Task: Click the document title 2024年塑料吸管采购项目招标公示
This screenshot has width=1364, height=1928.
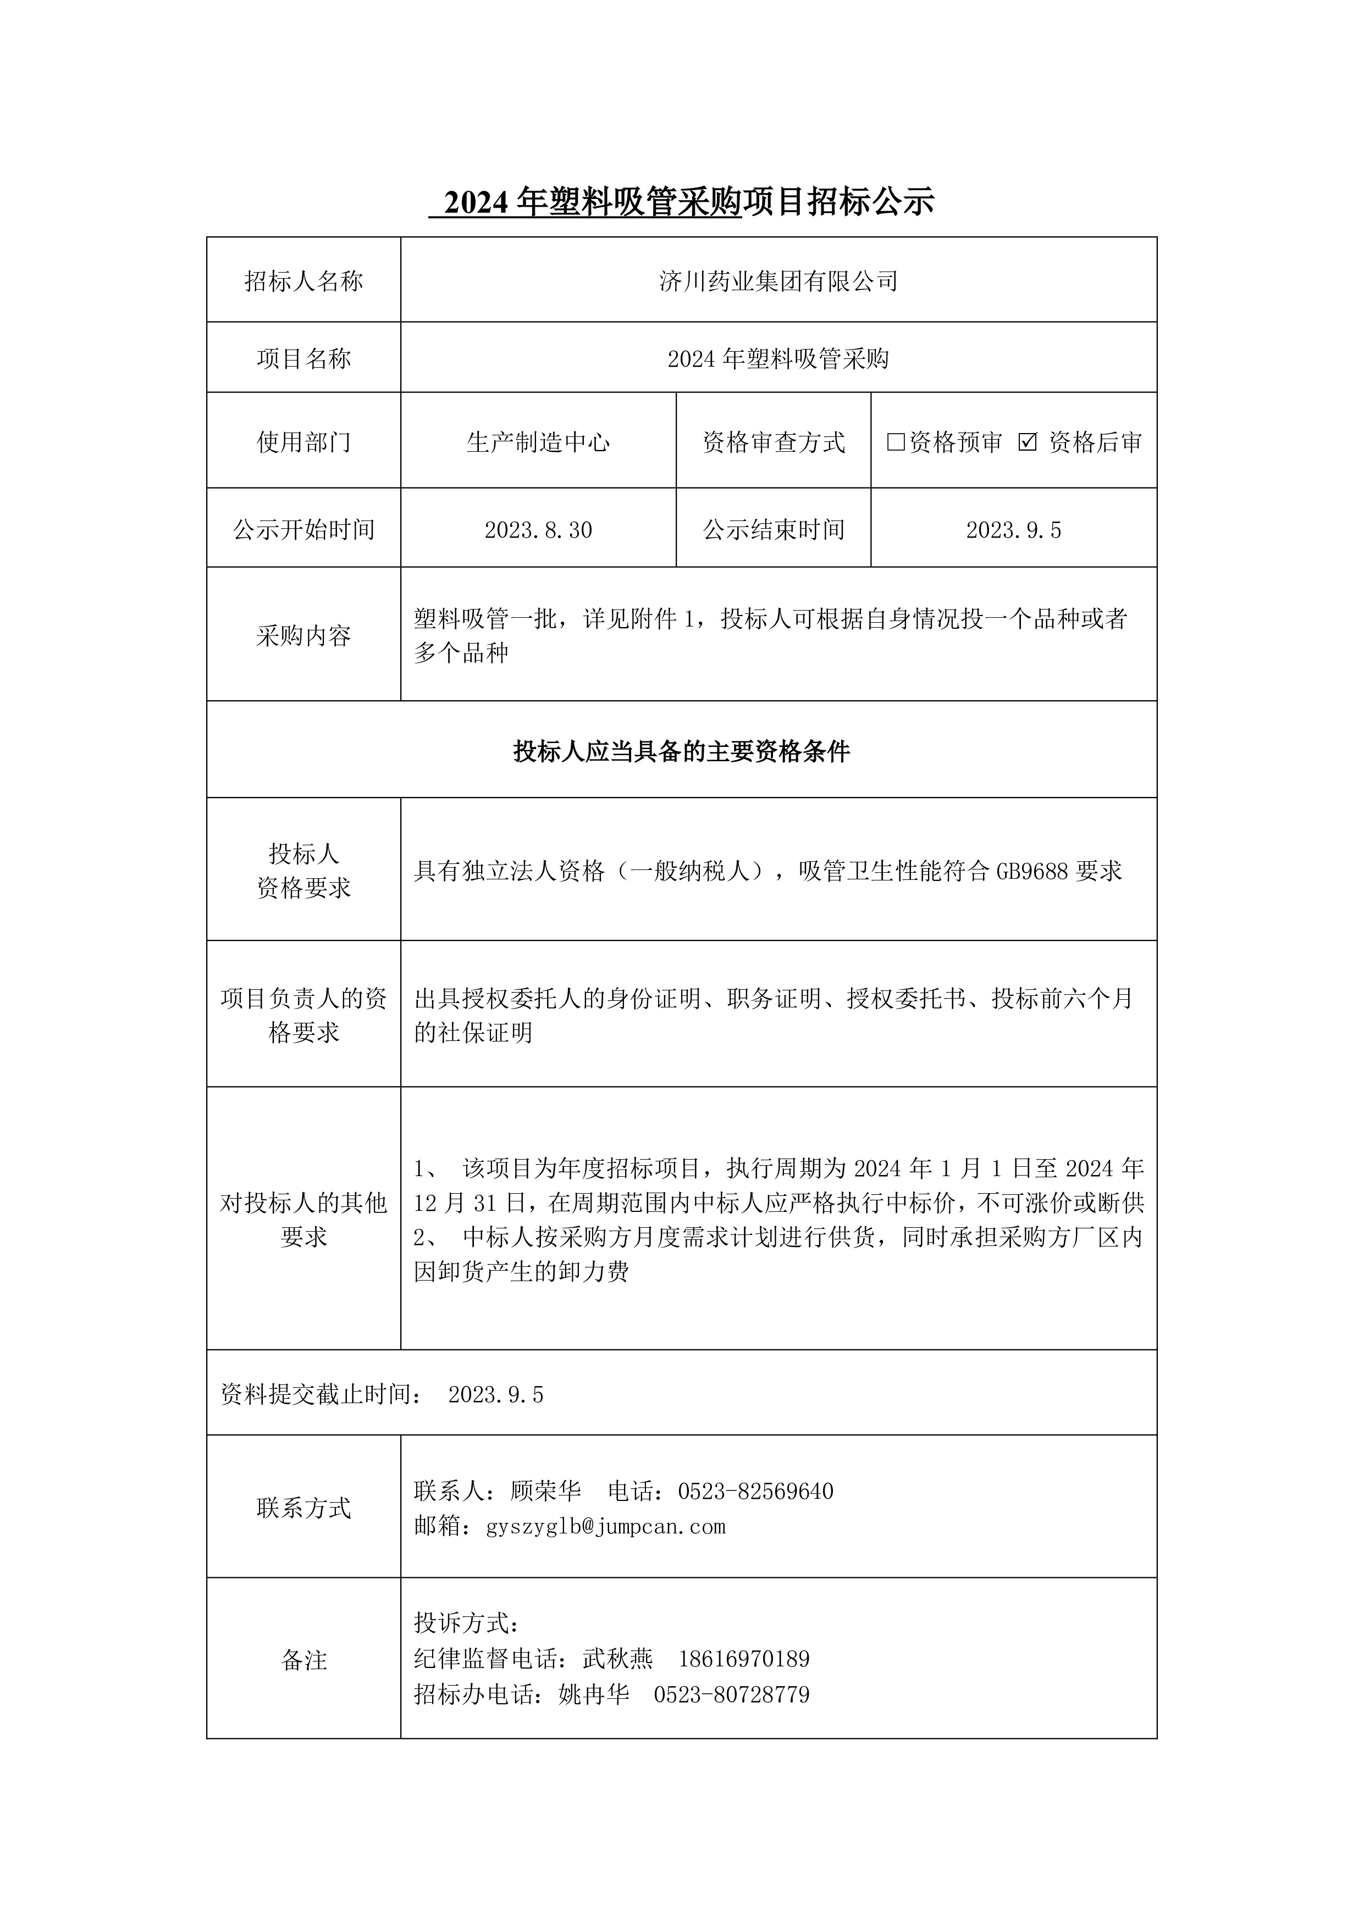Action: (x=681, y=202)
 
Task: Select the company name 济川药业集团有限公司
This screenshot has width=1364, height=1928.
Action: (x=778, y=281)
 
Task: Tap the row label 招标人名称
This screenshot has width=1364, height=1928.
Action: (x=303, y=281)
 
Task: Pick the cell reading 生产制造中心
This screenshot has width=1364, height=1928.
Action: (x=538, y=442)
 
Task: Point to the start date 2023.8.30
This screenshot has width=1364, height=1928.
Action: (x=538, y=530)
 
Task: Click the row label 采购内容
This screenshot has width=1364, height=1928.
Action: (x=303, y=636)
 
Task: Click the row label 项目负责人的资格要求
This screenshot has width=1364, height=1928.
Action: (x=303, y=1015)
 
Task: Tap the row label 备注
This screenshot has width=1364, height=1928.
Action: (x=303, y=1659)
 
